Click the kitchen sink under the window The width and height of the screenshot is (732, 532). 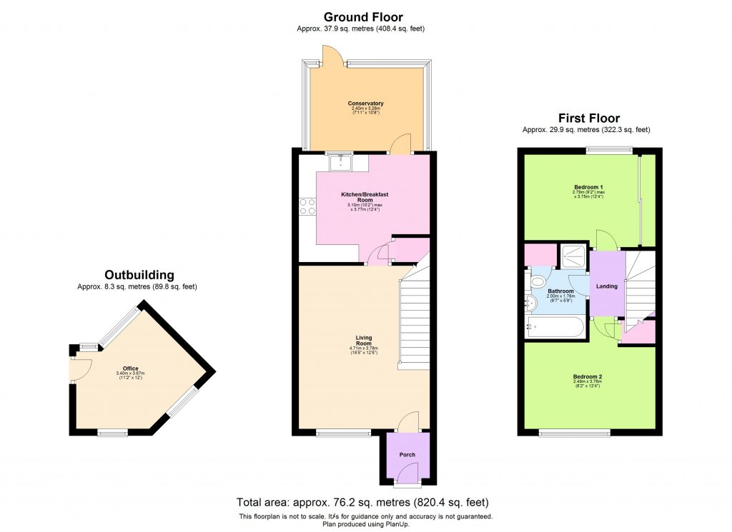tap(340, 164)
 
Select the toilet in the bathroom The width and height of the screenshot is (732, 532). tap(538, 283)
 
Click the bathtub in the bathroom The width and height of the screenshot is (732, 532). tap(555, 328)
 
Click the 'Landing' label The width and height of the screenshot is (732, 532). tap(606, 286)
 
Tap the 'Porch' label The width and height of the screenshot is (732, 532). tap(406, 455)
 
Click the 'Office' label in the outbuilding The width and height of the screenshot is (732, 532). tap(130, 368)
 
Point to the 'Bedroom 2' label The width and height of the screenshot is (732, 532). tap(587, 376)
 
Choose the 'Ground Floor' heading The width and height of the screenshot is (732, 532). tap(363, 17)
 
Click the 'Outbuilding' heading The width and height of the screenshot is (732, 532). tap(139, 275)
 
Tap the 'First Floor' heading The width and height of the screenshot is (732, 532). tap(588, 119)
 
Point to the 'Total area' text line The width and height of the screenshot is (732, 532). tap(362, 502)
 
